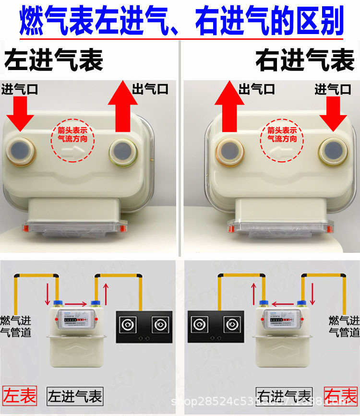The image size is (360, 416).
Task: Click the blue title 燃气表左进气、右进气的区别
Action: [x=181, y=21]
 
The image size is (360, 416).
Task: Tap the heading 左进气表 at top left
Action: [x=54, y=61]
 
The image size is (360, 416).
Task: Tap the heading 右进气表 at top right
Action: [x=305, y=61]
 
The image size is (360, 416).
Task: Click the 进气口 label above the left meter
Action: [x=20, y=89]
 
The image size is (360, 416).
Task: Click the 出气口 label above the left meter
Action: [x=150, y=89]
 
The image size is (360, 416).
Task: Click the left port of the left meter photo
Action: [x=21, y=153]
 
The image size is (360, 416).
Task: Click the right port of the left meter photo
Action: [x=124, y=152]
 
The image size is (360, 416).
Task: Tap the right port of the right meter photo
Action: [x=333, y=152]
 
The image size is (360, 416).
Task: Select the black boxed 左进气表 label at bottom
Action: [x=75, y=397]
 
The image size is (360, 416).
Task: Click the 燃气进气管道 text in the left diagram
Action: [x=15, y=326]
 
